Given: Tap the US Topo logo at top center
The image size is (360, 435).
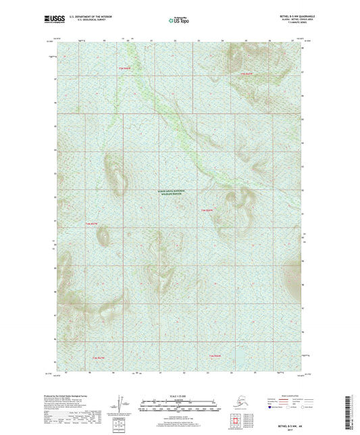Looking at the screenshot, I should pos(179,20).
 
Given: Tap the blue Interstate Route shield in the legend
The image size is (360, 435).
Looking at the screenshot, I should pos(272,407).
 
